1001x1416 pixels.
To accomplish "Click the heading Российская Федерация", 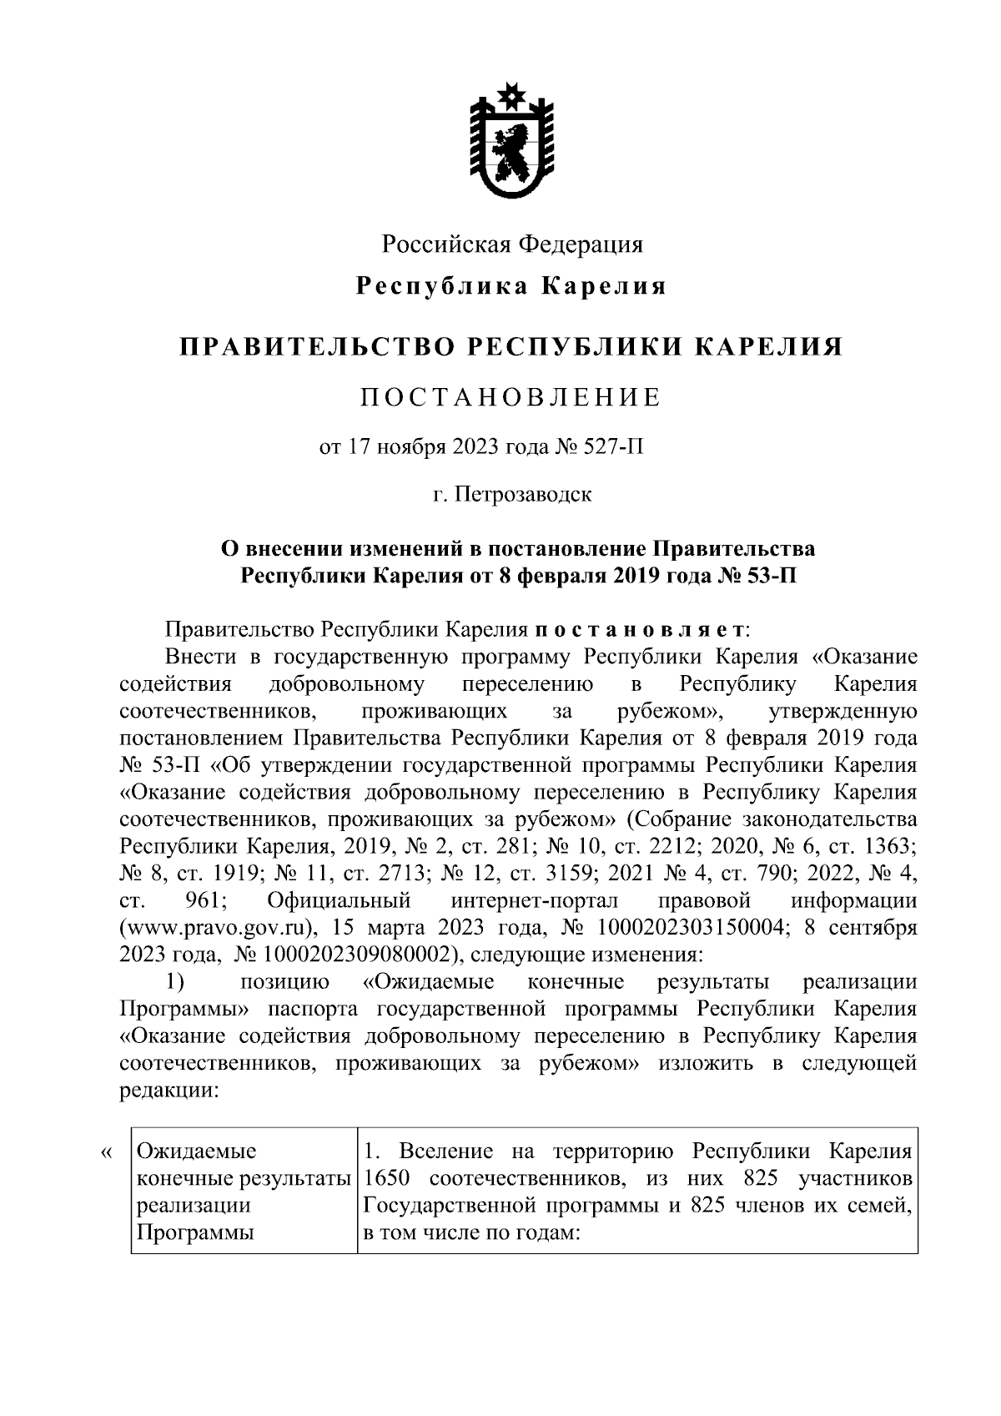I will [x=512, y=244].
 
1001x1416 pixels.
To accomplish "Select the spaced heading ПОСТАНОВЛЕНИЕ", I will [x=511, y=397].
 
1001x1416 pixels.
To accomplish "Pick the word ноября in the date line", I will [x=410, y=447].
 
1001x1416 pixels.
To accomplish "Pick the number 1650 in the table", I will [x=386, y=1180].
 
